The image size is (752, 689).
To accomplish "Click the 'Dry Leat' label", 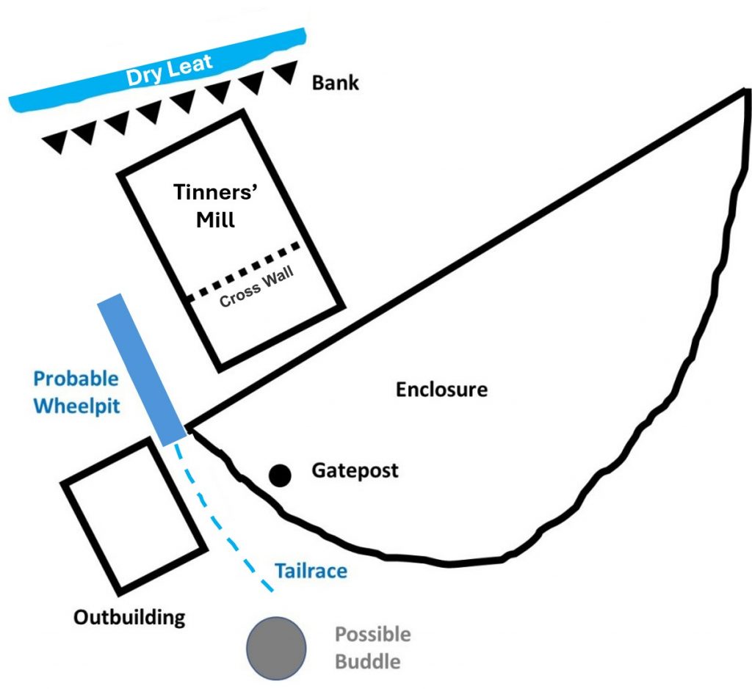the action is pos(169,70).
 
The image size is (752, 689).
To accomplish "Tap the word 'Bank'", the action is pos(335,83).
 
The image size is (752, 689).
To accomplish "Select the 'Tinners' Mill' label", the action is pos(216,205).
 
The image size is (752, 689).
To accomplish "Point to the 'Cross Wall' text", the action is pos(256,287).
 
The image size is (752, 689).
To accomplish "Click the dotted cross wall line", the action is pos(244,272).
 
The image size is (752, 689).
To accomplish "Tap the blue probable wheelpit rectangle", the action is pos(142,369).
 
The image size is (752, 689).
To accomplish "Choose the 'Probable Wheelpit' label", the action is pos(76,393).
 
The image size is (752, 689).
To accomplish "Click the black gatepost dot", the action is pos(280,475).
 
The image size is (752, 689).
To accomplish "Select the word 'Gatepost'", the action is pos(355,470).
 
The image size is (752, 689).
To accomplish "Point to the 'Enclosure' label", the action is pos(441,389).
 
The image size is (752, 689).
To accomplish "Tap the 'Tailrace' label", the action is pos(311,571).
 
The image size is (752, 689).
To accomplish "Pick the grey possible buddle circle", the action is pos(276,648).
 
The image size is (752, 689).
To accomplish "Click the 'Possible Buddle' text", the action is pos(372,648).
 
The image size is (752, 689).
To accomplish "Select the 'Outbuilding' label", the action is pos(129,617).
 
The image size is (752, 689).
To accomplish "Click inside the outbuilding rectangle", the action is pos(134,516).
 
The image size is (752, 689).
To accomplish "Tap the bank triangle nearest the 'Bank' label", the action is pos(286,72).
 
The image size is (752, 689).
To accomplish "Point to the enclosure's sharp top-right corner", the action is pos(746,90).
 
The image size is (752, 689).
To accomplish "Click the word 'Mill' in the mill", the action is pos(216,220).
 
